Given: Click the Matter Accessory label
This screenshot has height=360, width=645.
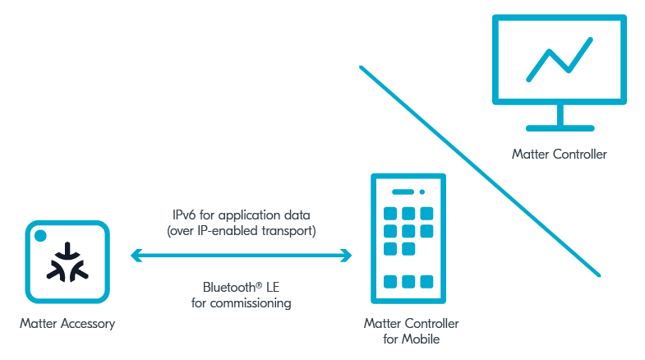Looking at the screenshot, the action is point(67,324).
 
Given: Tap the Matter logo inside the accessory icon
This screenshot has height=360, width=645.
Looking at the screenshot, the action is point(67,263).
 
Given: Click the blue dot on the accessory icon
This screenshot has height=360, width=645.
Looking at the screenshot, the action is point(40,236).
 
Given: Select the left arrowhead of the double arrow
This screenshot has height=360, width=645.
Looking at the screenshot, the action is point(136,256).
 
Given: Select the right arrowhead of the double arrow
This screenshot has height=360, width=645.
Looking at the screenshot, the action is point(346,256).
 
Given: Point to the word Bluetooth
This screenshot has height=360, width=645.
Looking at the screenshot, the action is point(229,287).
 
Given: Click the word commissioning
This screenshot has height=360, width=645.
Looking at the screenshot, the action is point(251,303).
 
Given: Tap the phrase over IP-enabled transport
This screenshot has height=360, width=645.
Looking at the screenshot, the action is point(242,231).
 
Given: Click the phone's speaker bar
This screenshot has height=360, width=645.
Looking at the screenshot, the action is point(403,192).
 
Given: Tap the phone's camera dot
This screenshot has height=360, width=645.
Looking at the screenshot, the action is point(422,192).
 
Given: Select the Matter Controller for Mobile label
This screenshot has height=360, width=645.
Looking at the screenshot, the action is point(412,331).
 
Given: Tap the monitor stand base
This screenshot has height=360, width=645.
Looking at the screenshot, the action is point(560,128).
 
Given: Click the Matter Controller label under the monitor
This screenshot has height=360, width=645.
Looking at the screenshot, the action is point(560,155).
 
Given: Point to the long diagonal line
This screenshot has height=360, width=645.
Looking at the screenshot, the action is point(480,171).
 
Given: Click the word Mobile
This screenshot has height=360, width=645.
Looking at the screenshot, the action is point(421,339).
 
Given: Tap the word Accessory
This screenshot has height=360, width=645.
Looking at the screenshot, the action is point(88,324).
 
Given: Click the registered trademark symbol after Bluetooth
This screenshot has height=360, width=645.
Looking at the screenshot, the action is point(259,284).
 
